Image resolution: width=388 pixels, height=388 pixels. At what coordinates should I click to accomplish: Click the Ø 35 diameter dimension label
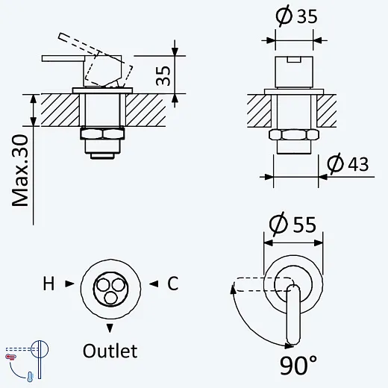(296, 16)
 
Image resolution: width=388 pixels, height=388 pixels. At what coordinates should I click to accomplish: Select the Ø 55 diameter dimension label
(292, 224)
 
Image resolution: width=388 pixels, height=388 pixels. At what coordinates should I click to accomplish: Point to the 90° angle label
(298, 365)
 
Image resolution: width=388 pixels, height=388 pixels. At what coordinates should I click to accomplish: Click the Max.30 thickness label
(20, 171)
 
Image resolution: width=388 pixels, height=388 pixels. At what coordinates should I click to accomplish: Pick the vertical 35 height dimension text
(163, 76)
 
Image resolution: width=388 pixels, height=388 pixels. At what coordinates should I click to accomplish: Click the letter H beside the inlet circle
(48, 284)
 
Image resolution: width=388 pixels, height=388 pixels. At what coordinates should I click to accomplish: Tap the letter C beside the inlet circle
(173, 284)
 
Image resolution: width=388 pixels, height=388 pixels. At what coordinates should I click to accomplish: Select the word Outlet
(110, 351)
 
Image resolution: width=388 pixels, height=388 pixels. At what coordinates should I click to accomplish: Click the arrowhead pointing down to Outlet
(110, 328)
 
